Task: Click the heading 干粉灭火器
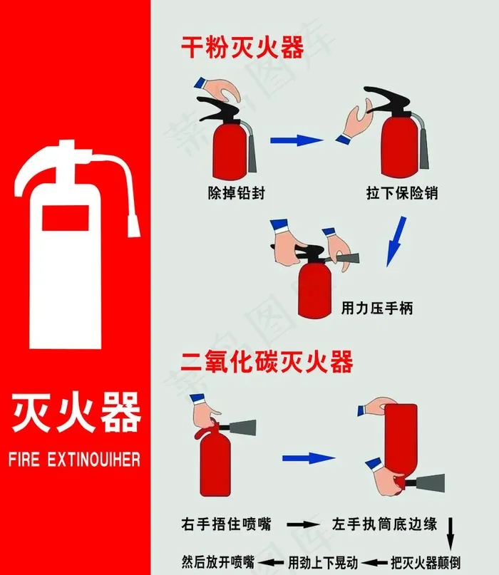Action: pyautogui.click(x=242, y=47)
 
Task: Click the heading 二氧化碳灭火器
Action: pyautogui.click(x=267, y=361)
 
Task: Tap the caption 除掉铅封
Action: pyautogui.click(x=236, y=193)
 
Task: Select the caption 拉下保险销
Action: pyautogui.click(x=402, y=193)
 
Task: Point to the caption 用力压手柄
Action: pyautogui.click(x=377, y=308)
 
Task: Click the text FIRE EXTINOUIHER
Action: pyautogui.click(x=74, y=460)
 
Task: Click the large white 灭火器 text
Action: pyautogui.click(x=76, y=412)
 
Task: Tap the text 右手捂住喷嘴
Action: pyautogui.click(x=226, y=524)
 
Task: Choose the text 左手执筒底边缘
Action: pyautogui.click(x=384, y=524)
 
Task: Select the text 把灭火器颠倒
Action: pyautogui.click(x=426, y=562)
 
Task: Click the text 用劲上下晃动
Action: pyautogui.click(x=323, y=562)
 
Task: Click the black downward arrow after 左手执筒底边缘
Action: pyautogui.click(x=451, y=534)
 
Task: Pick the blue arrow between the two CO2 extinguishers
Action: pyautogui.click(x=309, y=458)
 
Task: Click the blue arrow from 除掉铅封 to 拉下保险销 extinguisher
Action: pyautogui.click(x=297, y=140)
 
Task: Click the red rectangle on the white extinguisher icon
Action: pyautogui.click(x=66, y=218)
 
